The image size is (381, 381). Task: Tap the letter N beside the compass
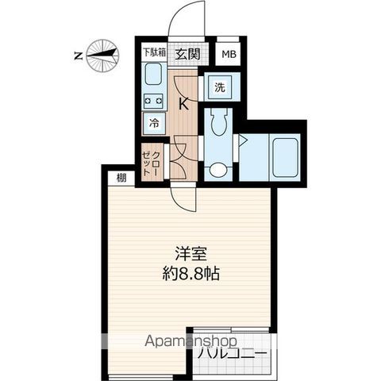(78, 56)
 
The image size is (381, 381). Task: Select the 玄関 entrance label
(187, 54)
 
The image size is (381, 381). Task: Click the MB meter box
(228, 54)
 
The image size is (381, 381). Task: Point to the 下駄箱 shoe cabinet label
(154, 53)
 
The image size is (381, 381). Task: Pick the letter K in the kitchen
(183, 102)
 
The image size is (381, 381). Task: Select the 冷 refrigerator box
(155, 123)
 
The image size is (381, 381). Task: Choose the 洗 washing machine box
(219, 87)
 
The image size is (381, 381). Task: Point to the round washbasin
(217, 169)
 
